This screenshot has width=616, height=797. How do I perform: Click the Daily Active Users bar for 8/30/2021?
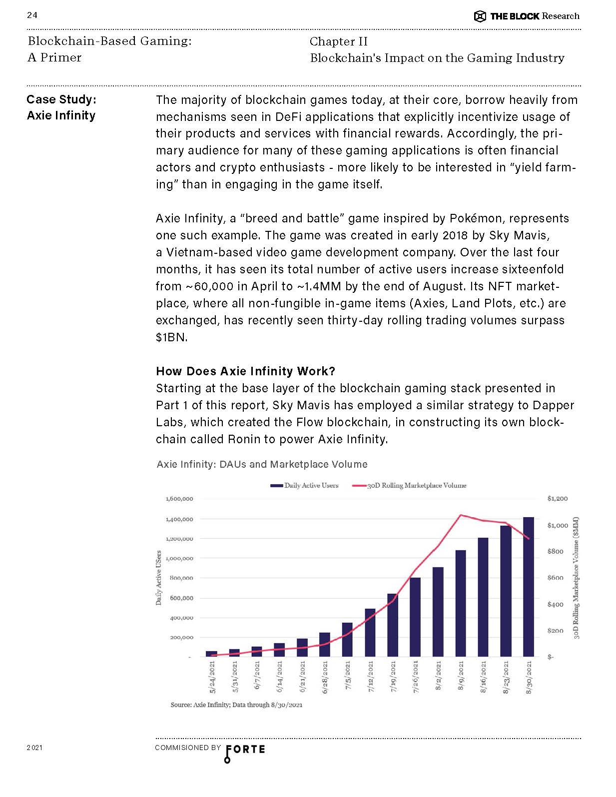pyautogui.click(x=529, y=587)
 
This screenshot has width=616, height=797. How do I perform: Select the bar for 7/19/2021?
pyautogui.click(x=393, y=625)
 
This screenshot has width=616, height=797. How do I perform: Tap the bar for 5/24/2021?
pyautogui.click(x=211, y=654)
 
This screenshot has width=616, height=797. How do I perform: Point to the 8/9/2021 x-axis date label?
pyautogui.click(x=461, y=677)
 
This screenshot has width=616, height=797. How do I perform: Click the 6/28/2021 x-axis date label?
pyautogui.click(x=325, y=678)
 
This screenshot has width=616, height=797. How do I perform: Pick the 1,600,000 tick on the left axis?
pyautogui.click(x=179, y=499)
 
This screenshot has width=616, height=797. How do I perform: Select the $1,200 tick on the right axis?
pyautogui.click(x=557, y=499)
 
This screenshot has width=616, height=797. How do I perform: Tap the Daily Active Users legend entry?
pyautogui.click(x=304, y=485)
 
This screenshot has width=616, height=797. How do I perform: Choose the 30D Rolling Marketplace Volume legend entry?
pyautogui.click(x=409, y=485)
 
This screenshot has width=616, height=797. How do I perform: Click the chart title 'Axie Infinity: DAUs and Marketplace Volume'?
pyautogui.click(x=262, y=464)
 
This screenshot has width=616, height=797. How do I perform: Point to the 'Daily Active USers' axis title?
pyautogui.click(x=159, y=578)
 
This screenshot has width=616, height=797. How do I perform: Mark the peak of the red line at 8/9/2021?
pyautogui.click(x=461, y=515)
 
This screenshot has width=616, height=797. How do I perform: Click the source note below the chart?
pyautogui.click(x=236, y=705)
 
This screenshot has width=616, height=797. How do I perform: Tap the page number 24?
pyautogui.click(x=32, y=15)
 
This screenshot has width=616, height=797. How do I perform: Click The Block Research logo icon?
pyautogui.click(x=480, y=16)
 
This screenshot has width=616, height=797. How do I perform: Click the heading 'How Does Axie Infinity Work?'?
pyautogui.click(x=245, y=371)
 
